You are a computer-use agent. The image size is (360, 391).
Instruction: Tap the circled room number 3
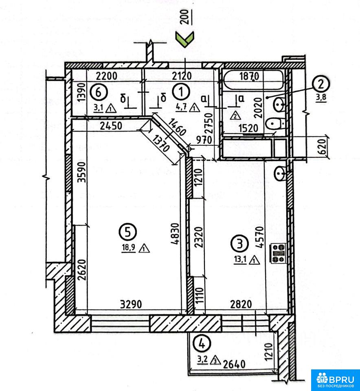239,244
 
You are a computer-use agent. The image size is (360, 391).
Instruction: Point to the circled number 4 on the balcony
202,344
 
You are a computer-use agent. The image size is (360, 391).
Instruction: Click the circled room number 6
99,92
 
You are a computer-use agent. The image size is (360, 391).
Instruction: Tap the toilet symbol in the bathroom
275,123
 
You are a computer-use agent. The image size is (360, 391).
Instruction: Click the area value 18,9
129,247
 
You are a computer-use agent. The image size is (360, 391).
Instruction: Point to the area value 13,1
240,259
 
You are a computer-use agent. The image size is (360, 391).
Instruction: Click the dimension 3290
131,304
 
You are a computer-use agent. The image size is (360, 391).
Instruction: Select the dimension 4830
176,234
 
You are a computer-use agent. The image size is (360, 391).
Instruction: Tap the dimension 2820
241,304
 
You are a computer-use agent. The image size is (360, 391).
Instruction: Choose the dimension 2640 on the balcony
234,364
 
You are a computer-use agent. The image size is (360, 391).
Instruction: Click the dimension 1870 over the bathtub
249,76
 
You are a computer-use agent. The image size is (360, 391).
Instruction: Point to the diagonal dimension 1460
176,127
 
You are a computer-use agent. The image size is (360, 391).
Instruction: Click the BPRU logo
336,380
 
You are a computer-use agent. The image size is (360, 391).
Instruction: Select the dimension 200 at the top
185,17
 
